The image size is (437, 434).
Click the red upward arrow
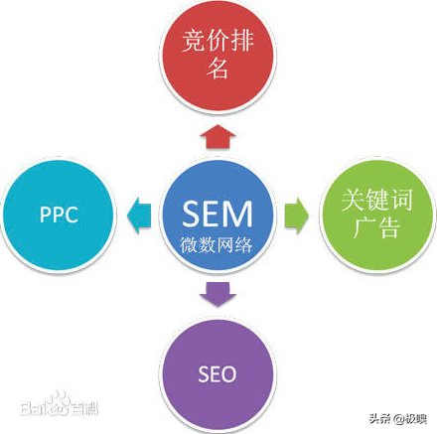pyautogui.click(x=218, y=137)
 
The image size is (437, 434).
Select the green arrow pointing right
pyautogui.click(x=297, y=216)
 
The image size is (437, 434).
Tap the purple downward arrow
pyautogui.click(x=218, y=294)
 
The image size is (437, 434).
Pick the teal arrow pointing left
pyautogui.click(x=139, y=216)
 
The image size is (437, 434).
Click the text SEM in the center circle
pyautogui.click(x=218, y=214)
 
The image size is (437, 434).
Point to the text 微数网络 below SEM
pyautogui.click(x=217, y=245)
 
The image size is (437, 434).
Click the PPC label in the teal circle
pyautogui.click(x=59, y=215)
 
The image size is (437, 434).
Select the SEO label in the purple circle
pyautogui.click(x=218, y=374)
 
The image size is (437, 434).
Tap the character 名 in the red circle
pyautogui.click(x=218, y=69)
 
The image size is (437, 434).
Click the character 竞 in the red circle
pyautogui.click(x=194, y=41)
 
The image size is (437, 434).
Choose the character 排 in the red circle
pyautogui.click(x=242, y=41)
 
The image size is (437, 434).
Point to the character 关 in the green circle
pyautogui.click(x=354, y=200)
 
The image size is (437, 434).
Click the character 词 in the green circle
pyautogui.click(x=401, y=200)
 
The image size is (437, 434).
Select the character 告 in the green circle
pyautogui.click(x=389, y=227)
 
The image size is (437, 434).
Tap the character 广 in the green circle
pyautogui.click(x=364, y=227)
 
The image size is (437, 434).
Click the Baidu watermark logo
pyautogui.click(x=60, y=404)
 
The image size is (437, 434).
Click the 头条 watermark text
pyautogui.click(x=379, y=418)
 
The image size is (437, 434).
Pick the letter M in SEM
pyautogui.click(x=238, y=214)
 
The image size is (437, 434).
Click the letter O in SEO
pyautogui.click(x=228, y=374)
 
